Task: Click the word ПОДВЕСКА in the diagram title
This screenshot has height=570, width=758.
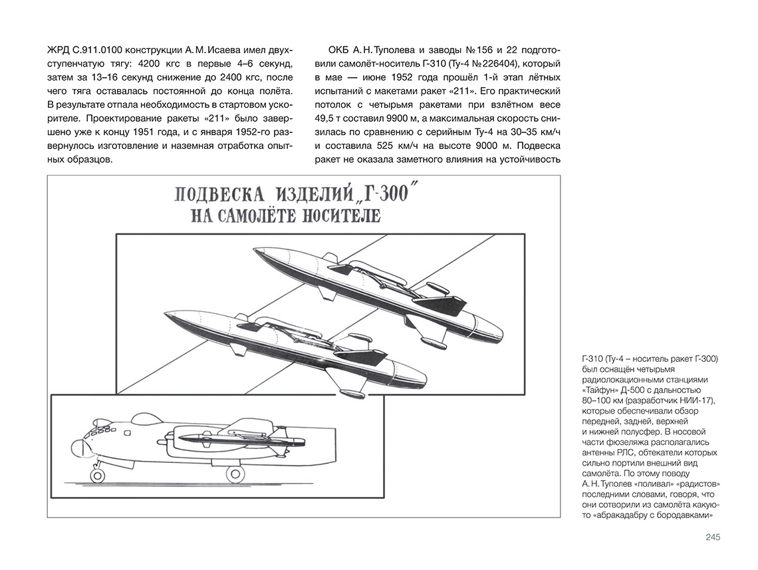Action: coord(217,196)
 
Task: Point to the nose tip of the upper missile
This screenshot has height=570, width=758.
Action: coord(254,251)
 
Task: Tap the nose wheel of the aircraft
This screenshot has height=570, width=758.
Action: coord(98,475)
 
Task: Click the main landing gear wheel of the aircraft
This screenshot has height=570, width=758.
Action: coord(234,474)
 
